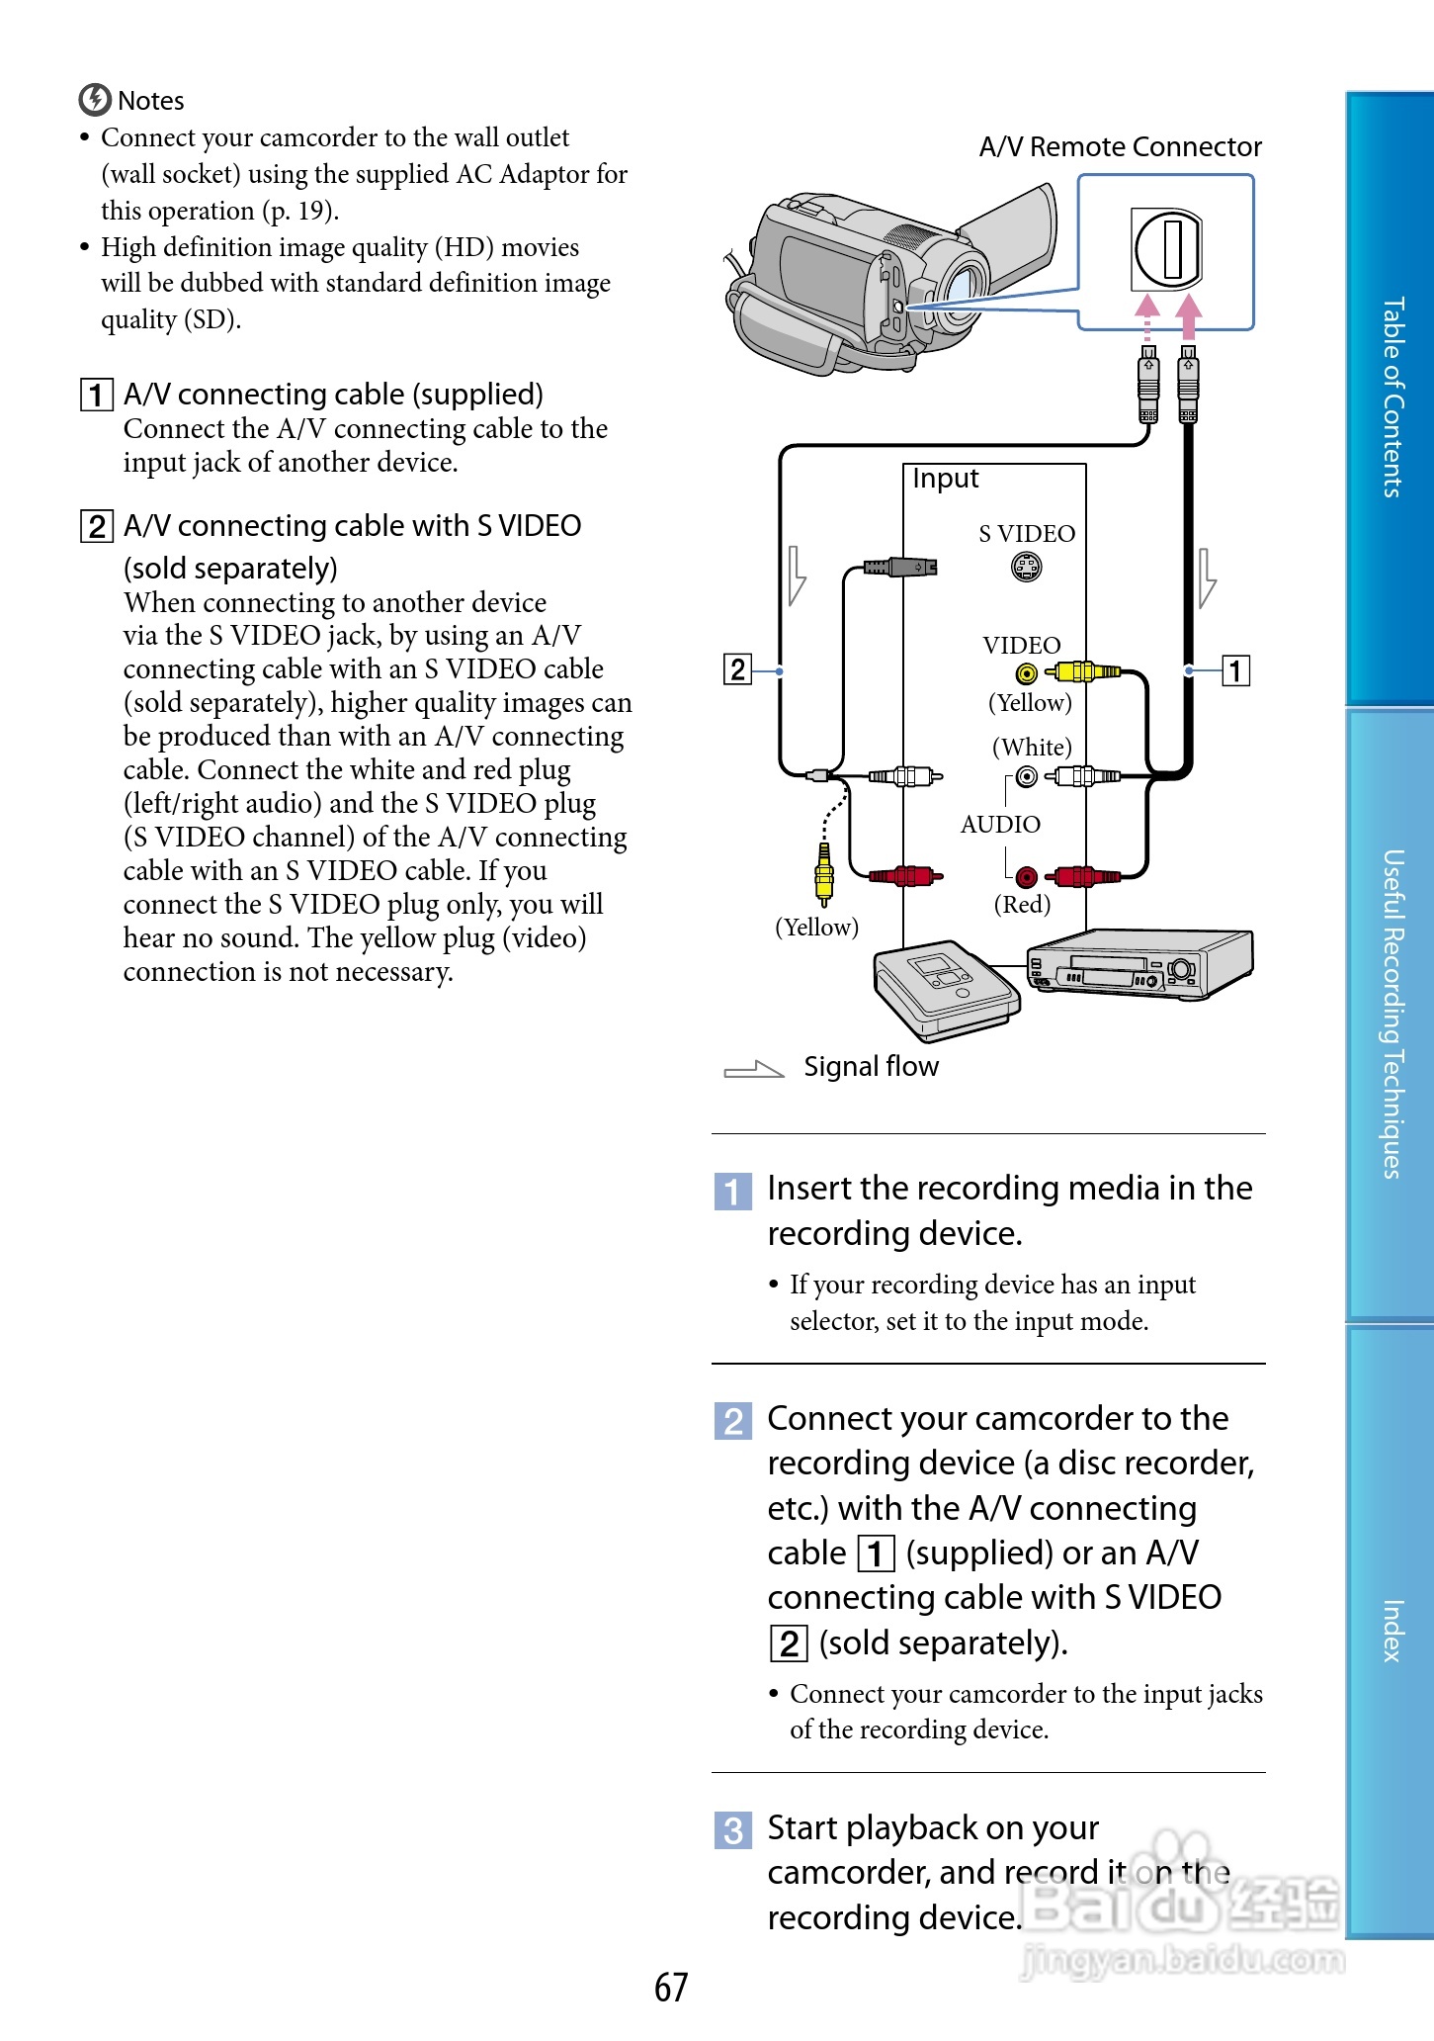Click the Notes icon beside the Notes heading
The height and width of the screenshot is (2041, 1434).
[x=95, y=100]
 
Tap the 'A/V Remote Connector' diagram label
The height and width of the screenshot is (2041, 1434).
[x=1120, y=147]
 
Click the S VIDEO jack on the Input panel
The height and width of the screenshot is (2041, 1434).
[x=1027, y=567]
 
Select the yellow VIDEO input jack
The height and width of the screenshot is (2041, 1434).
[x=1027, y=674]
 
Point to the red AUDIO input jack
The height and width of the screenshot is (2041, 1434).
[x=1027, y=877]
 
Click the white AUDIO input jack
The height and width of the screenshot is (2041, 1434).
[x=1027, y=776]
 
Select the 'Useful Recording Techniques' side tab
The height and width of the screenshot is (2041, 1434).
[x=1392, y=1014]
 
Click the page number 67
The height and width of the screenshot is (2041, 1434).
[x=671, y=1988]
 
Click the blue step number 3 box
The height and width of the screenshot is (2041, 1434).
[x=732, y=1830]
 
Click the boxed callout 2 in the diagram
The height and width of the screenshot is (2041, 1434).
[x=737, y=669]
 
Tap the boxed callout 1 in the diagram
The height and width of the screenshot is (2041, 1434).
[x=1235, y=670]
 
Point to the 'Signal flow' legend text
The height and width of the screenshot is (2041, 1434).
[x=871, y=1067]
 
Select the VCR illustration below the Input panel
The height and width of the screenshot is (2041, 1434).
[x=1139, y=964]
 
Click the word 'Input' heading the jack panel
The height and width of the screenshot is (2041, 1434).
[x=945, y=479]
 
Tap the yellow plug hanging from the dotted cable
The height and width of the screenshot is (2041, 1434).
[x=824, y=874]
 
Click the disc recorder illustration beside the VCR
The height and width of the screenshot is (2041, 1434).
[x=945, y=990]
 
